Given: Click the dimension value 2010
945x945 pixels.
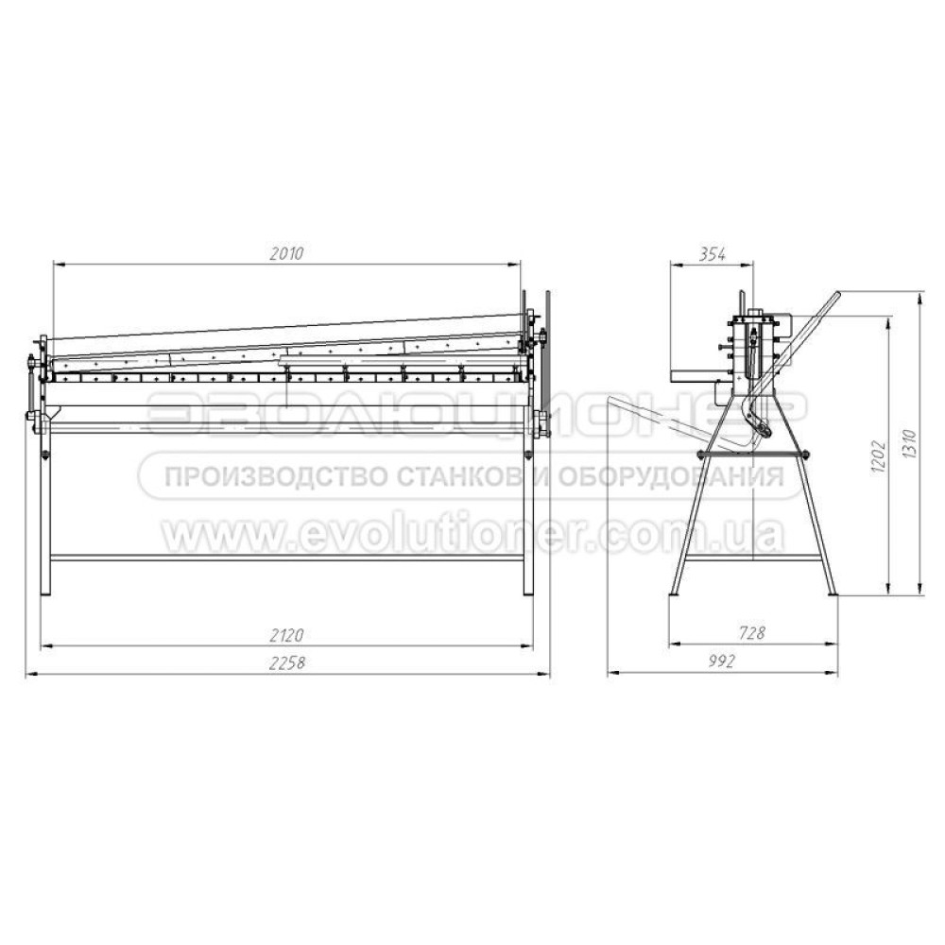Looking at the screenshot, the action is (286, 253).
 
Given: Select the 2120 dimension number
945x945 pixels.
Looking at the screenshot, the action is (286, 635).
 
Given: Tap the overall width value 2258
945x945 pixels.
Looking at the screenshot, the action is (287, 662).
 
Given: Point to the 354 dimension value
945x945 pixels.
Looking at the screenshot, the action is (712, 253).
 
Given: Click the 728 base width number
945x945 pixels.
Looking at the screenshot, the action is (751, 633).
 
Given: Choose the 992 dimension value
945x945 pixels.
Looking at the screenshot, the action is (722, 661).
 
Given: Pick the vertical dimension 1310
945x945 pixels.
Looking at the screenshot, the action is (909, 445).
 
